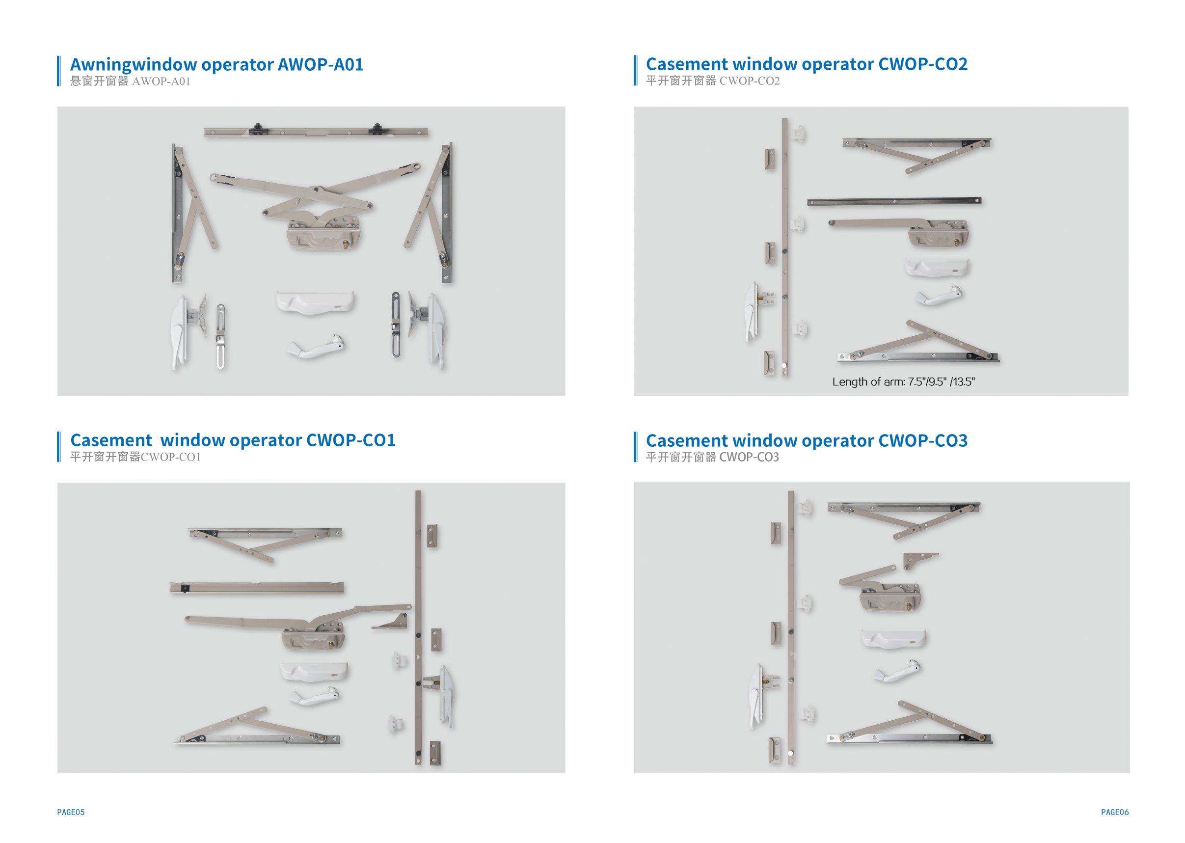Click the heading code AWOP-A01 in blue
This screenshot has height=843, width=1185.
(x=320, y=64)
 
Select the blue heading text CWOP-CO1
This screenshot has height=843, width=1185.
(x=351, y=440)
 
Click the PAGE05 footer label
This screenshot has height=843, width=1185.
(x=71, y=813)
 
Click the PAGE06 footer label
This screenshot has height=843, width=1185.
(x=1115, y=813)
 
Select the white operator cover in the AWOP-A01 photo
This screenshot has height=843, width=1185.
(x=315, y=302)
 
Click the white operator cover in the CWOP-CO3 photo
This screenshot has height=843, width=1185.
(x=893, y=638)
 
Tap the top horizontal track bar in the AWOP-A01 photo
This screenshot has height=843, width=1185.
(x=316, y=132)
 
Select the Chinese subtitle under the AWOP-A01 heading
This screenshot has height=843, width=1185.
(x=130, y=82)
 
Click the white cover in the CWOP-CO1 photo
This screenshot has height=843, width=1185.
(x=315, y=672)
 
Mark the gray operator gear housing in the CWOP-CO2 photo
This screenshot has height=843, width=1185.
(x=939, y=234)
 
